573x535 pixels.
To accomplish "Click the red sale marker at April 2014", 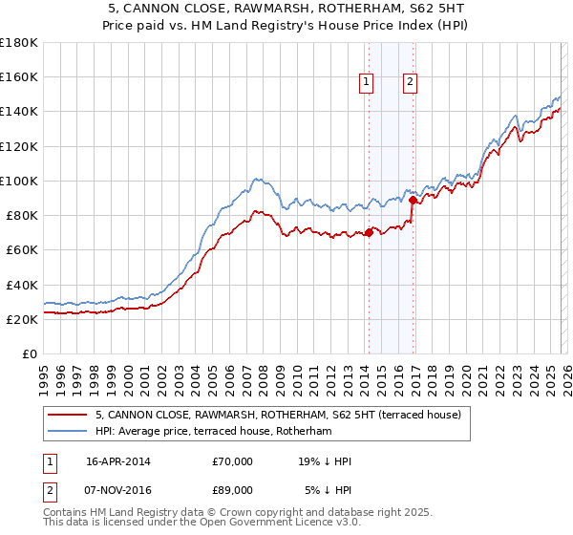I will (368, 232).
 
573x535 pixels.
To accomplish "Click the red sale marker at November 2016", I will (412, 200).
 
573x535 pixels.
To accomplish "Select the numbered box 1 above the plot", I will (367, 83).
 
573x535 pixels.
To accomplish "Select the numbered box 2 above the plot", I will (410, 83).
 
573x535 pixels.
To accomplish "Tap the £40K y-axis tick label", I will (22, 285).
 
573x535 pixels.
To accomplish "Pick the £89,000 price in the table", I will (233, 490).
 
